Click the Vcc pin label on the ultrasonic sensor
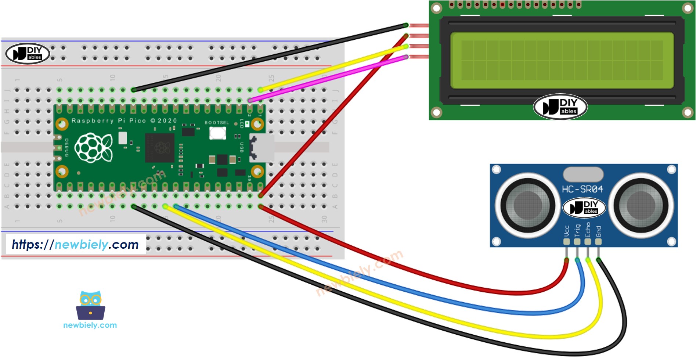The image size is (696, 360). [x=567, y=231]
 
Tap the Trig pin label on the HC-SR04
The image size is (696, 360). [x=577, y=230]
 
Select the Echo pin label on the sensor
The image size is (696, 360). [x=588, y=230]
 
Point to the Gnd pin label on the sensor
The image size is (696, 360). [x=598, y=231]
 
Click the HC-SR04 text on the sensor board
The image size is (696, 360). [x=582, y=189]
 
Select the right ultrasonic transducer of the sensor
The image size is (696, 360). [x=641, y=205]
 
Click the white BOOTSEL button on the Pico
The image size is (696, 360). [x=217, y=133]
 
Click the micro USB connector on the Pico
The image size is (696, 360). [x=262, y=148]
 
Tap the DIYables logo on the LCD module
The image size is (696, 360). [x=560, y=107]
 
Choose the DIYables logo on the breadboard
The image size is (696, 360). [x=28, y=54]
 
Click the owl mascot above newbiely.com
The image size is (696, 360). [x=90, y=306]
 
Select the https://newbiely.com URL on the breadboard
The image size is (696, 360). [x=75, y=244]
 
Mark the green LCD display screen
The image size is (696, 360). [x=562, y=60]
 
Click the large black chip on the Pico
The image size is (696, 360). [x=160, y=148]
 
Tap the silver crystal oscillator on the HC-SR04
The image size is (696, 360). [x=583, y=174]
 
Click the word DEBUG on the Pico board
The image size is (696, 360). [x=67, y=148]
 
